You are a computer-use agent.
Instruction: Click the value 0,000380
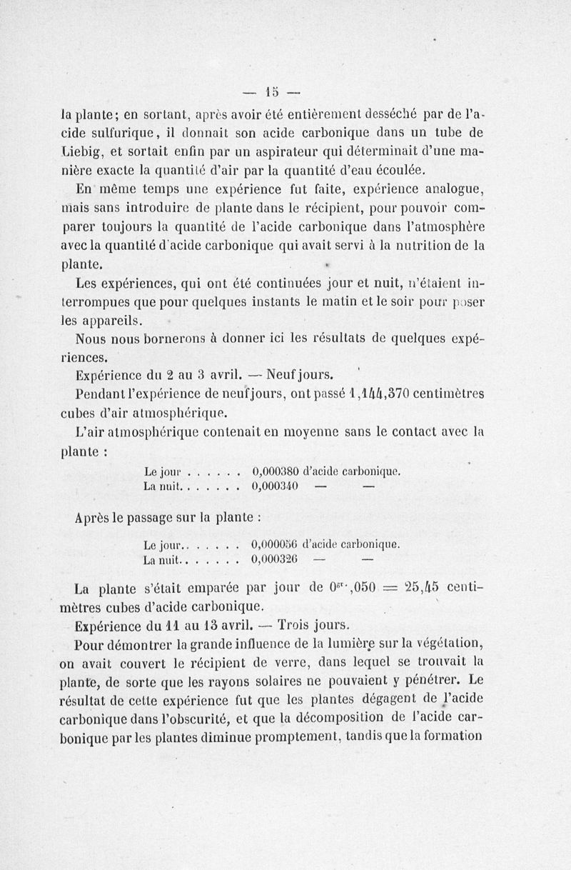click(276, 471)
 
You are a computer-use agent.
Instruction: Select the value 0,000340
click(276, 486)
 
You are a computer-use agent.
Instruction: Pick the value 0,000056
click(276, 545)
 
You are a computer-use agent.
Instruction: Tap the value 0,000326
click(276, 561)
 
